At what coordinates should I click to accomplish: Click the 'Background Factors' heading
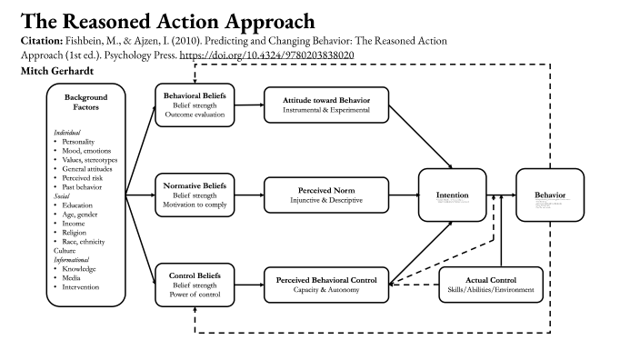click(x=85, y=102)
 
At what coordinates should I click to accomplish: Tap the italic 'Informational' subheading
click(x=74, y=259)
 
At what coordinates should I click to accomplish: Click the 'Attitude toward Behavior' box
click(x=325, y=105)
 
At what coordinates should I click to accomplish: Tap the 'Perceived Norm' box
click(x=325, y=195)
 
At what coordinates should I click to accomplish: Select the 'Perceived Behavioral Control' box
click(x=325, y=283)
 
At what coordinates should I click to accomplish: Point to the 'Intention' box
click(x=452, y=195)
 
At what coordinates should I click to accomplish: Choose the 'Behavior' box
click(x=549, y=195)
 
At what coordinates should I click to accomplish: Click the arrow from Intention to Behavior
click(x=500, y=195)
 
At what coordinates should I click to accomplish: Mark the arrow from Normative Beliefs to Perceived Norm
click(x=250, y=195)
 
